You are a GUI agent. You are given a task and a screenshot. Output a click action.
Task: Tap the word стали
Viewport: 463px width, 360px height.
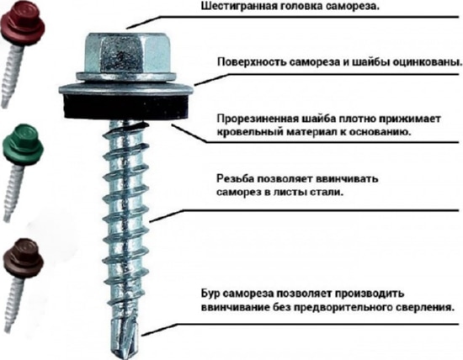click(x=327, y=193)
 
